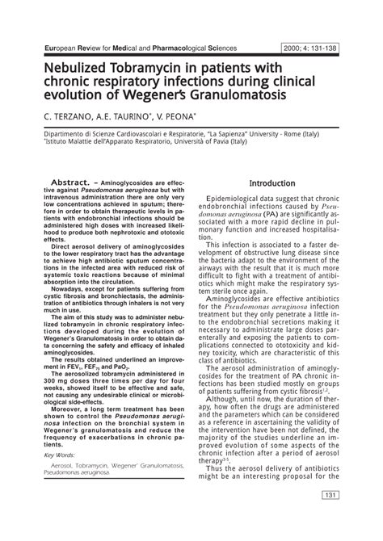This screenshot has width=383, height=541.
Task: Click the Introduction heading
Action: pos(272,205)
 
